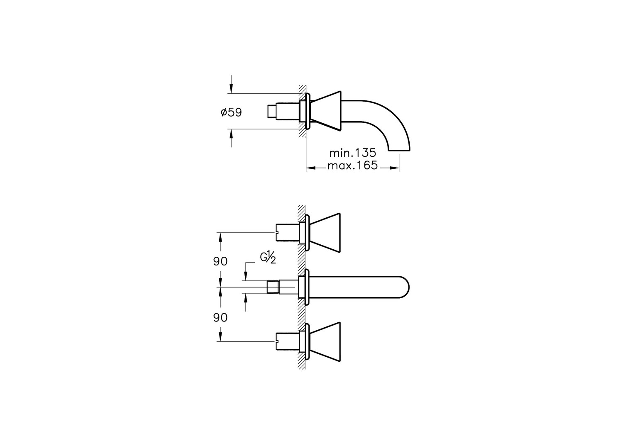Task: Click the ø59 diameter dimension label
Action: pyautogui.click(x=231, y=112)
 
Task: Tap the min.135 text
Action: pyautogui.click(x=352, y=153)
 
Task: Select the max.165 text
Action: pyautogui.click(x=352, y=166)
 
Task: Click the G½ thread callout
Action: pyautogui.click(x=268, y=258)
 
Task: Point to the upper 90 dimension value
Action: pyautogui.click(x=220, y=262)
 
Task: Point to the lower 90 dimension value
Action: pyautogui.click(x=220, y=318)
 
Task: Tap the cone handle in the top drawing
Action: pyautogui.click(x=326, y=111)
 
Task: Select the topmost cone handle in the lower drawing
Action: pyautogui.click(x=326, y=233)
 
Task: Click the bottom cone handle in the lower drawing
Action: pyautogui.click(x=326, y=342)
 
